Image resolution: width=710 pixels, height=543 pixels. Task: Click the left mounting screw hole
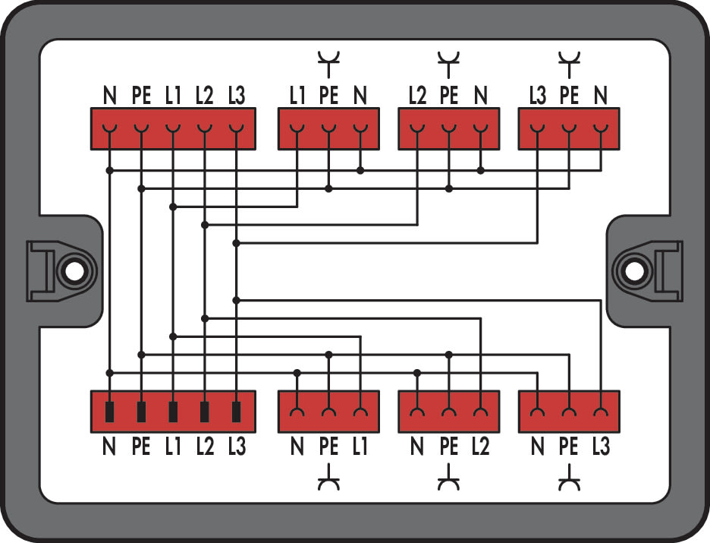[74, 272]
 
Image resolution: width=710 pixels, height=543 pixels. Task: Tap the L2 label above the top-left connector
[204, 95]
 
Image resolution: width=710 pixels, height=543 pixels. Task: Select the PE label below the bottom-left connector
[141, 447]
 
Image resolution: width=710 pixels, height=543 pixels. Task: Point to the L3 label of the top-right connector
[539, 95]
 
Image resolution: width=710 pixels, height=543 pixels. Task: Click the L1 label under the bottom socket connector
[360, 447]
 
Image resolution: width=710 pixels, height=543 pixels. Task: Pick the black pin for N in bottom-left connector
[109, 412]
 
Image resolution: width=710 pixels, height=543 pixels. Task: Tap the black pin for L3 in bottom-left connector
[236, 412]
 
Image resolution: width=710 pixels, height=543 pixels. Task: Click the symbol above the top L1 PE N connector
[328, 64]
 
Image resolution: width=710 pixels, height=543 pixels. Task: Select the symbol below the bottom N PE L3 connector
[569, 478]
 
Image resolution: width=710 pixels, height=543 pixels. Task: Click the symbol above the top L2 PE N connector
[449, 64]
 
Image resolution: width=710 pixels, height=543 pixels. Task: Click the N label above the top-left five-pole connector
[109, 95]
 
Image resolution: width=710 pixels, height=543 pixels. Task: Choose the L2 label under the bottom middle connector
[480, 447]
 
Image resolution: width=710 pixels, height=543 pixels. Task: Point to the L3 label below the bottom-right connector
[601, 447]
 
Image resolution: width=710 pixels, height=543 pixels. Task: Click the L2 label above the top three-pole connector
[417, 95]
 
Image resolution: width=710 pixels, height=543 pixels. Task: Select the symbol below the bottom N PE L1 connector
[328, 478]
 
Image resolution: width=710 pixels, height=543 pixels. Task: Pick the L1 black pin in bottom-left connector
[172, 412]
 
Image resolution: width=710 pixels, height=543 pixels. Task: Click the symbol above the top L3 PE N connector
[569, 64]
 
